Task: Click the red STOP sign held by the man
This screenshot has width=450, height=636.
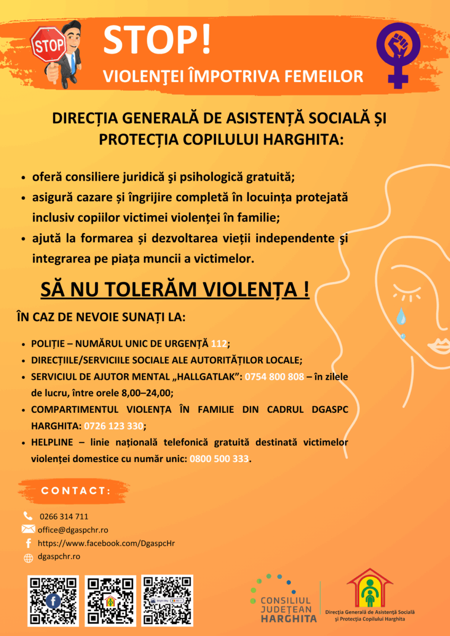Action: [x=48, y=46]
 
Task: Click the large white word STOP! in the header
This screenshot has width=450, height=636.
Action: [x=157, y=39]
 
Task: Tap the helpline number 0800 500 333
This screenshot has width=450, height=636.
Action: [x=219, y=458]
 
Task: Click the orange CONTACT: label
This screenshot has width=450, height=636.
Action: [x=76, y=491]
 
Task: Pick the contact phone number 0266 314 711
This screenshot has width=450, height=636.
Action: [x=64, y=516]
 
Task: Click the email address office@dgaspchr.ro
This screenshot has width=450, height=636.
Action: [x=73, y=529]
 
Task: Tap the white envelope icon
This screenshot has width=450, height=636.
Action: [x=28, y=529]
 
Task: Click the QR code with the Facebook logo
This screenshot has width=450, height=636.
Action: [x=53, y=601]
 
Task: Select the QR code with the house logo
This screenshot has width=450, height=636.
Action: [x=110, y=601]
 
